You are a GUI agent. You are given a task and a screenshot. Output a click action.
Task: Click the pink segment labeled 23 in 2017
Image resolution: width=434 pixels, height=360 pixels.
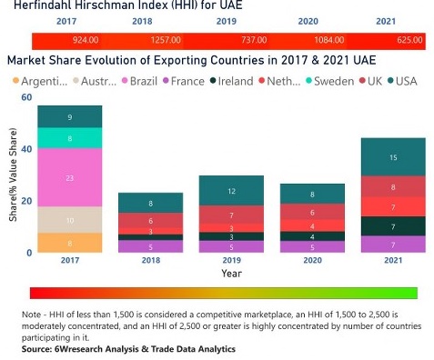[x=69, y=177]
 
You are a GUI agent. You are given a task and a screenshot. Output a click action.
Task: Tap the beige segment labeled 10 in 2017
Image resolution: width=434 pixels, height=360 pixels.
[x=69, y=219]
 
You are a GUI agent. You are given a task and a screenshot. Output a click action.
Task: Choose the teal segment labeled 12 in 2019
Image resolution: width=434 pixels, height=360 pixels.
[x=231, y=191]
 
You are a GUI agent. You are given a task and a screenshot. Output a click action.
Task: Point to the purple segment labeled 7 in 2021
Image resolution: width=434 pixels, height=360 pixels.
[x=393, y=245]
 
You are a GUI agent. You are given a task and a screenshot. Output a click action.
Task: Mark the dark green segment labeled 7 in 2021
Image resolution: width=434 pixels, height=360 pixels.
[x=393, y=226]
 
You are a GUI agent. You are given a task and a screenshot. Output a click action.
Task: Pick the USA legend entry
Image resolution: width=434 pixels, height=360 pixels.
[x=403, y=81]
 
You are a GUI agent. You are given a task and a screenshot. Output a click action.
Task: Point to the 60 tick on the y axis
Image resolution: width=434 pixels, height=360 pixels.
[x=25, y=97]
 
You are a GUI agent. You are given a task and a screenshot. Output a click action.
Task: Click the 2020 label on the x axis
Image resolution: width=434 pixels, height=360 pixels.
[x=311, y=260]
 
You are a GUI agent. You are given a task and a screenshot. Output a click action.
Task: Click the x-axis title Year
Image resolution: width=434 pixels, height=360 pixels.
[x=231, y=273]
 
